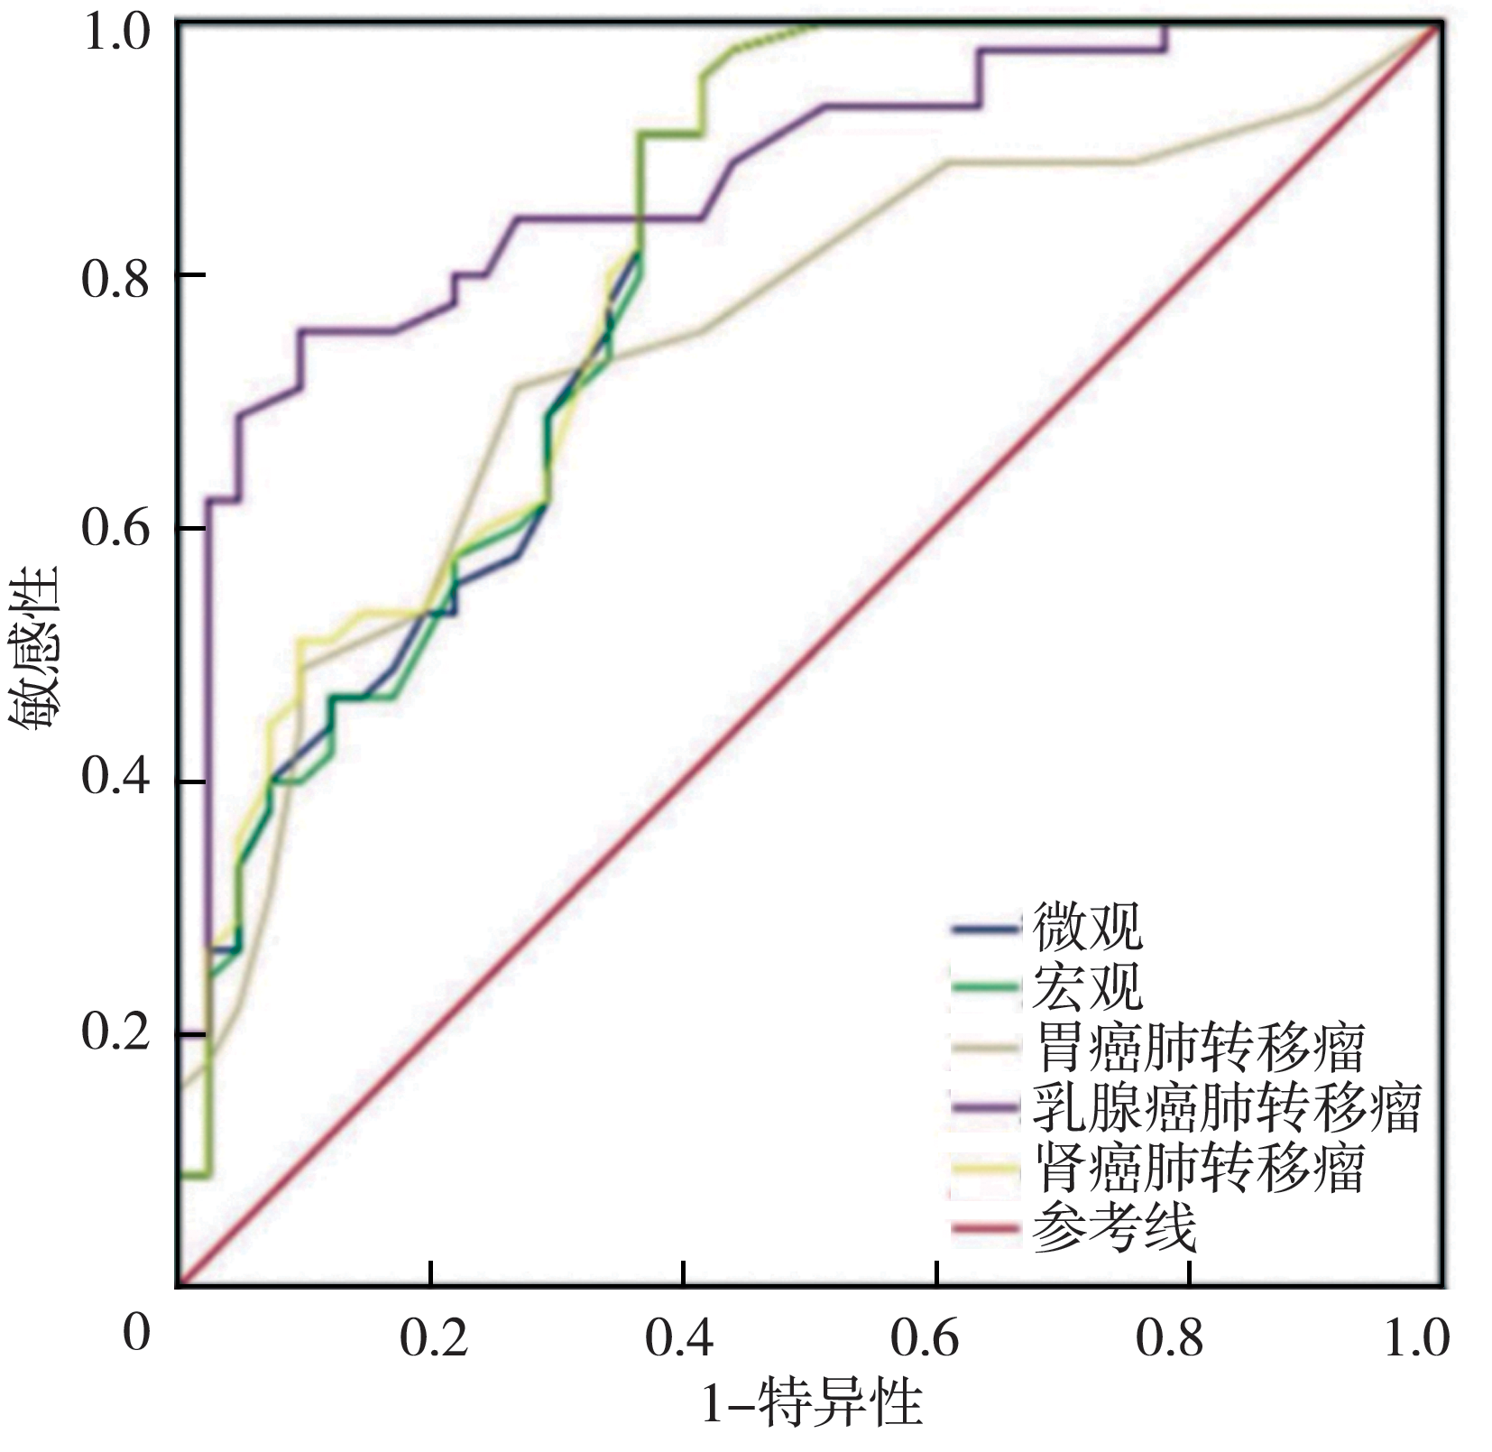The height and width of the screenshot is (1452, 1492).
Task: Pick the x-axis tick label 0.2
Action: point(434,1339)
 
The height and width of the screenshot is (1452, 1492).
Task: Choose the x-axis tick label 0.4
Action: point(678,1339)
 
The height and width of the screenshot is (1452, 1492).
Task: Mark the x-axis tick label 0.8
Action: point(1169,1339)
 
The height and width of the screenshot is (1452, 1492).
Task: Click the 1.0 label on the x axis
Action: point(1416,1339)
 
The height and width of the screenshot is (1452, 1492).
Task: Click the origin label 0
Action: point(136,1332)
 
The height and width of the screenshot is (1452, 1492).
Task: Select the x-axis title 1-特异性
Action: point(813,1403)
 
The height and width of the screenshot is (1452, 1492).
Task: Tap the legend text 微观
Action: point(1088,927)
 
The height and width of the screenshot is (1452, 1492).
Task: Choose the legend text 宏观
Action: point(1088,986)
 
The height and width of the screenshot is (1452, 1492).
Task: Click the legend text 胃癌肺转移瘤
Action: point(1199,1047)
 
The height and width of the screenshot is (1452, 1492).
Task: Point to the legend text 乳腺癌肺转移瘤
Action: point(1227,1107)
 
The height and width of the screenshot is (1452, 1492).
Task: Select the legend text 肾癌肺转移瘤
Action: point(1199,1168)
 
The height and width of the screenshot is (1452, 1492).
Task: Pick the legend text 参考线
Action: point(1115,1227)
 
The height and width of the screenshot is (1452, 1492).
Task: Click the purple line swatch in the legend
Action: point(986,1108)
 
